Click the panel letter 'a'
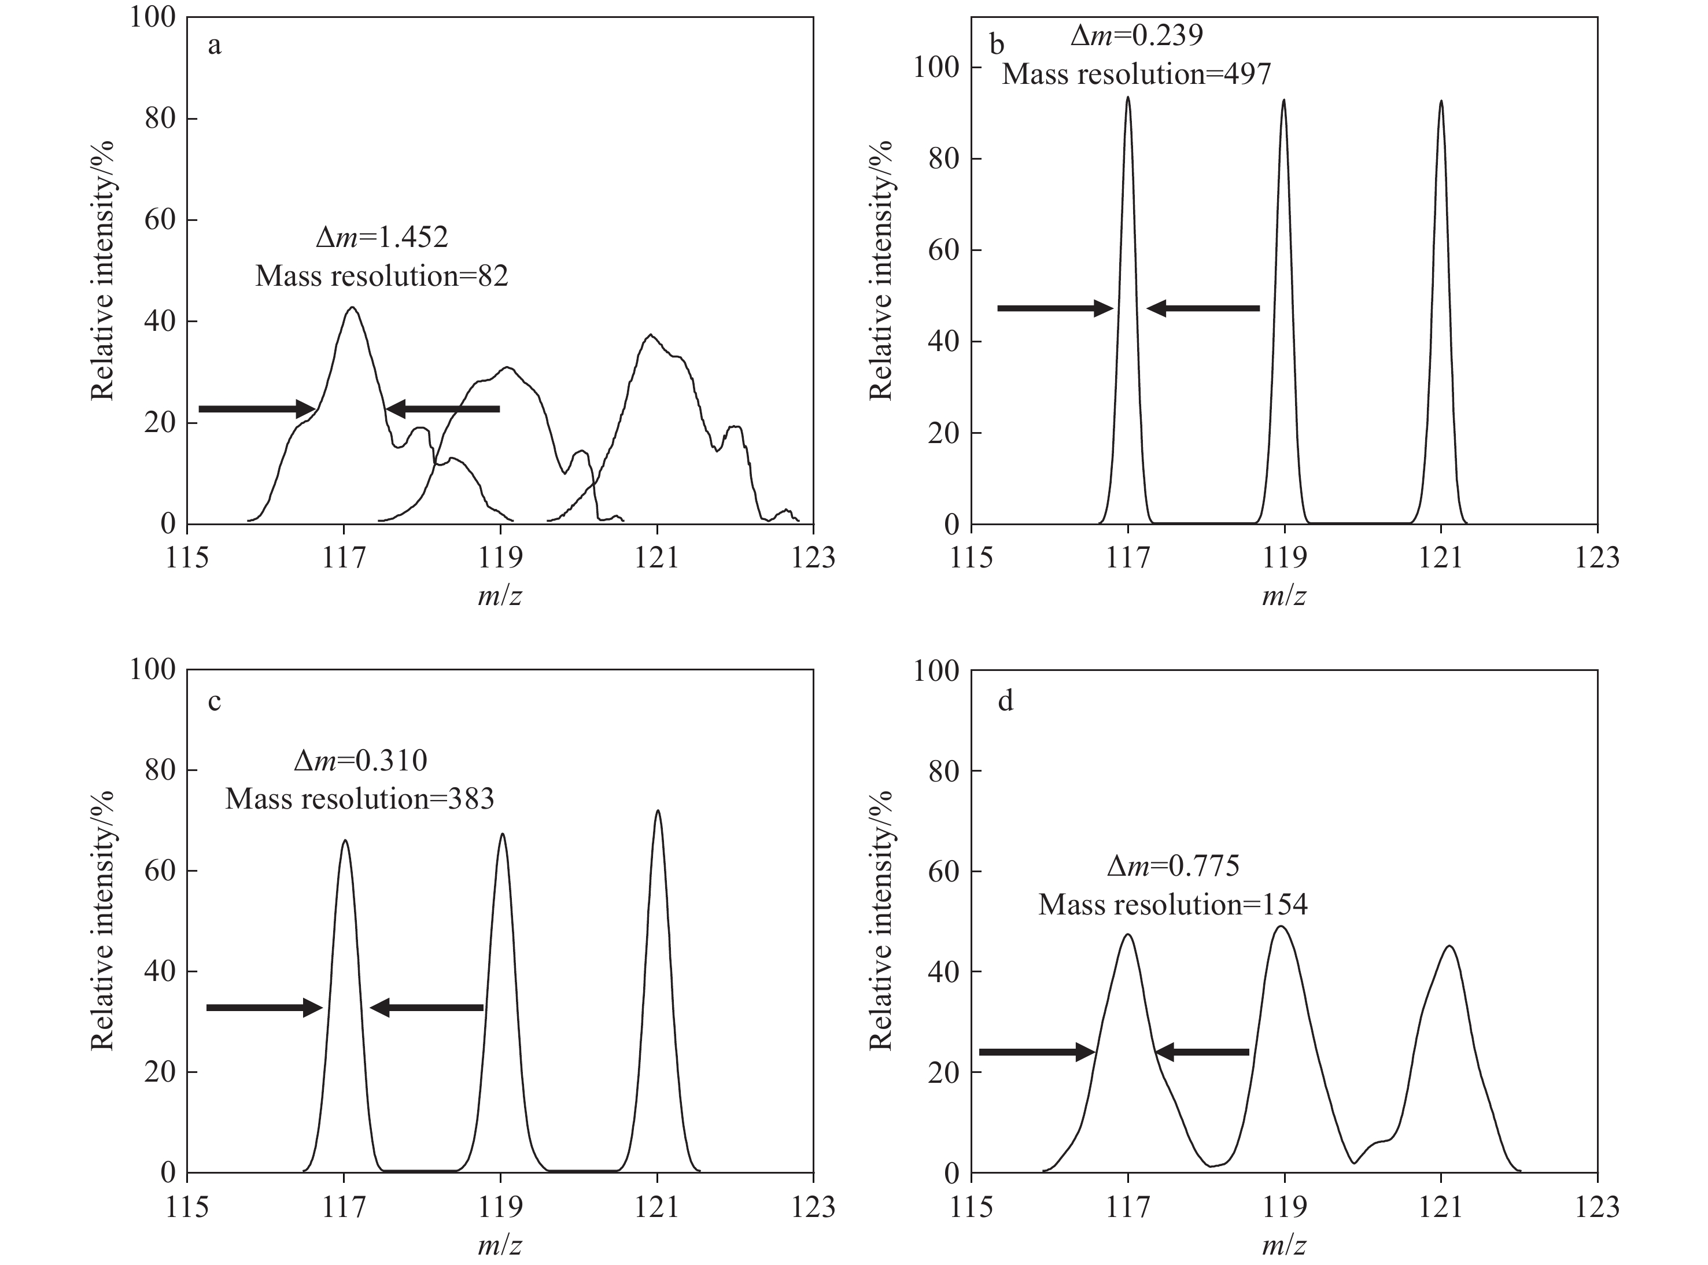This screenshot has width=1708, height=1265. coord(215,46)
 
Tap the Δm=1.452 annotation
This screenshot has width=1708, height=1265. coord(382,237)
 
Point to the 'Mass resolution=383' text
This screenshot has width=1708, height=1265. coord(359,799)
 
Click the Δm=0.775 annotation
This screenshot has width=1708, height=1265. coord(1173,865)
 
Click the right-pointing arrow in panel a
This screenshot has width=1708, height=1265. coord(256,409)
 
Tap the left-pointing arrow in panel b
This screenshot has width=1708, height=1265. coord(1202,309)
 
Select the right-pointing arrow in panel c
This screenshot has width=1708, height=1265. coord(264,1008)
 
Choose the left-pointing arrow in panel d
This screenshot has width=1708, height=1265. coord(1202,1052)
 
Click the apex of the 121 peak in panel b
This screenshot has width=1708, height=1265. coord(1441,101)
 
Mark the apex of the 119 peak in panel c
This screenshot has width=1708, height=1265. coord(501,834)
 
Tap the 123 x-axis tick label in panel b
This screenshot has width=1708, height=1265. coord(1597,558)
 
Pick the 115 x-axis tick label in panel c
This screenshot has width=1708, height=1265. coord(187,1207)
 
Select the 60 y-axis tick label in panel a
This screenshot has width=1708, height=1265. coord(161,220)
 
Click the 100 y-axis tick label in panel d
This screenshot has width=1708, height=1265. coord(936,671)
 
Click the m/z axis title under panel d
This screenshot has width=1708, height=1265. coord(1284,1246)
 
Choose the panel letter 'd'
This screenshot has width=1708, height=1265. coord(1005,700)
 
